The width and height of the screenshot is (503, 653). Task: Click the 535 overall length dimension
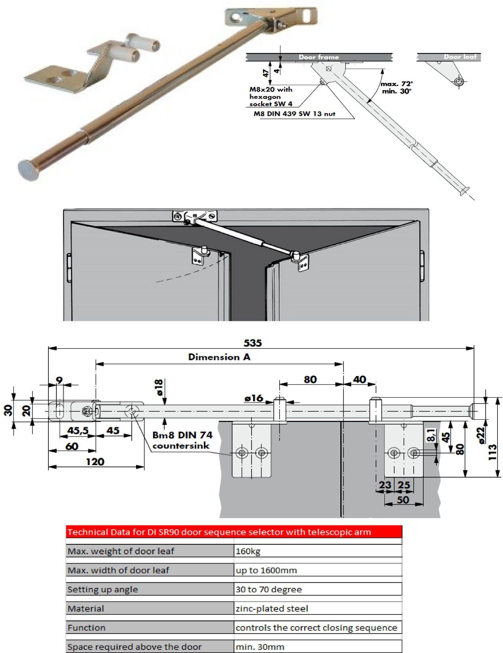(253, 342)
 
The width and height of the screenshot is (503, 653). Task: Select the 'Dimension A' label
(219, 357)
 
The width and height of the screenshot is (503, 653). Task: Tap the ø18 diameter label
(159, 387)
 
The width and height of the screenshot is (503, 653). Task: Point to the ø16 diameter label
(253, 398)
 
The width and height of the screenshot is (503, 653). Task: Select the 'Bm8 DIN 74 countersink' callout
(182, 440)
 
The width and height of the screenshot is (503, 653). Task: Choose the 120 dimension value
(95, 461)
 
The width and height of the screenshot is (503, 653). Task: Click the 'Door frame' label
(319, 57)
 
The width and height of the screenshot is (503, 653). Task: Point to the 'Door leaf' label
(460, 57)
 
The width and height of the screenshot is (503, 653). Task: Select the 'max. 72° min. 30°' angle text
(396, 87)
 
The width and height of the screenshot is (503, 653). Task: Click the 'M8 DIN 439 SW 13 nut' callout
(294, 114)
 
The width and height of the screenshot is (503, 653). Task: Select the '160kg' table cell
(248, 551)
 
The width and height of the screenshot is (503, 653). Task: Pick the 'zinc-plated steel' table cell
(272, 608)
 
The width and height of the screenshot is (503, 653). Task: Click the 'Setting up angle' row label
(103, 589)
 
